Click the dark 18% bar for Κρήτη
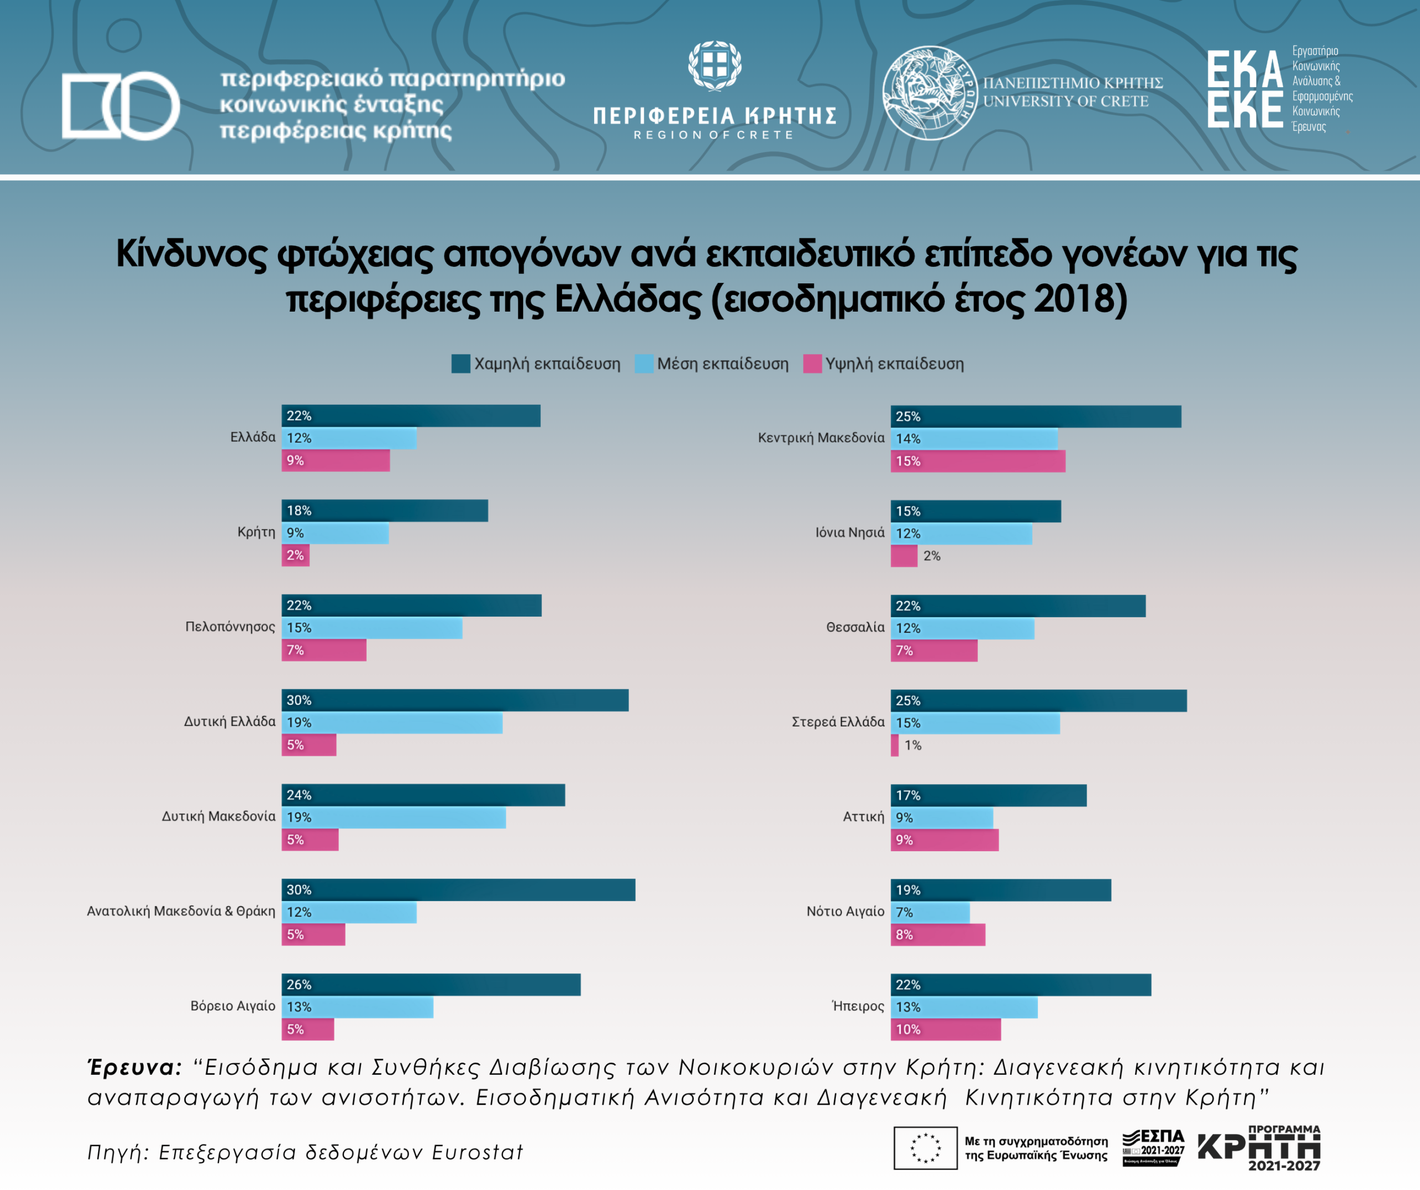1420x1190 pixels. (x=384, y=511)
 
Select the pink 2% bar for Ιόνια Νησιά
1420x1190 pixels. (x=904, y=556)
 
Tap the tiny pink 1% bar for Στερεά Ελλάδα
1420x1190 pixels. (x=895, y=745)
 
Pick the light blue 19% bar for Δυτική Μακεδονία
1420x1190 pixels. (x=393, y=817)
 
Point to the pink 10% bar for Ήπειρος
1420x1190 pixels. (x=945, y=1029)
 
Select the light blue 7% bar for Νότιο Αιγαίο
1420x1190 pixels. (x=930, y=912)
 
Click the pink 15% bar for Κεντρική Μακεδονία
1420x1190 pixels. (x=978, y=461)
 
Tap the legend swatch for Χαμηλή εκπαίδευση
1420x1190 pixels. (x=460, y=364)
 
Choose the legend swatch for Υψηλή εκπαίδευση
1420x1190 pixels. (x=812, y=364)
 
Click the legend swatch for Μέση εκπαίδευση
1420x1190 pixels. (x=644, y=364)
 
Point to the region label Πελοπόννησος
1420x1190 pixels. (x=230, y=627)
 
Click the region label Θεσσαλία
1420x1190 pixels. (x=855, y=628)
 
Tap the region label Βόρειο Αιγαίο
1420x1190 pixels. (x=232, y=1006)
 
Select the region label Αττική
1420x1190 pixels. (x=863, y=817)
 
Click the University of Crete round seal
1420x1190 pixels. (x=929, y=93)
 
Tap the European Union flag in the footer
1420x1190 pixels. (x=925, y=1147)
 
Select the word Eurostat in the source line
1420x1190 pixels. (x=478, y=1152)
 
